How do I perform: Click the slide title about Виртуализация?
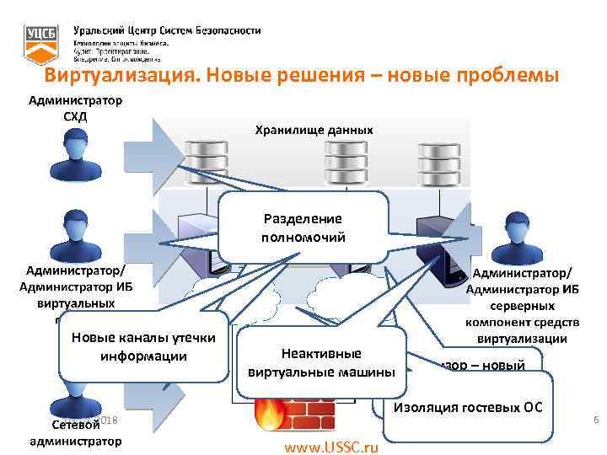click(x=303, y=77)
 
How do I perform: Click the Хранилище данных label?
click(x=314, y=130)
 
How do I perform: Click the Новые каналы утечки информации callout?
click(x=143, y=346)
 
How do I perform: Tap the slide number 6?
click(x=596, y=420)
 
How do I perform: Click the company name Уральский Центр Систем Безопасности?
click(x=167, y=30)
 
